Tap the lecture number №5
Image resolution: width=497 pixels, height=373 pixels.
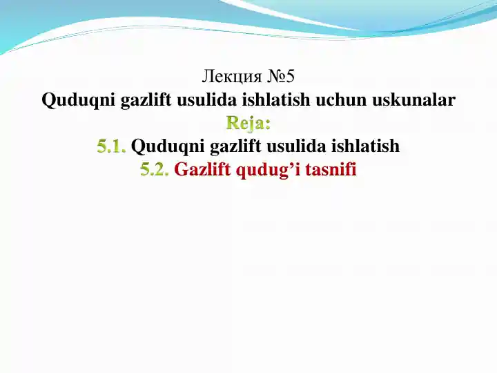pyautogui.click(x=280, y=75)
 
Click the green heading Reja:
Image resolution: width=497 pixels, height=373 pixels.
pyautogui.click(x=248, y=123)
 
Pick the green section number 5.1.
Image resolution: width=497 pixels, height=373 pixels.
pyautogui.click(x=112, y=146)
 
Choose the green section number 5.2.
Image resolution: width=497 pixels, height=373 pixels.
pyautogui.click(x=155, y=170)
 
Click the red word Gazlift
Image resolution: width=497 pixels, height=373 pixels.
pyautogui.click(x=202, y=170)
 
